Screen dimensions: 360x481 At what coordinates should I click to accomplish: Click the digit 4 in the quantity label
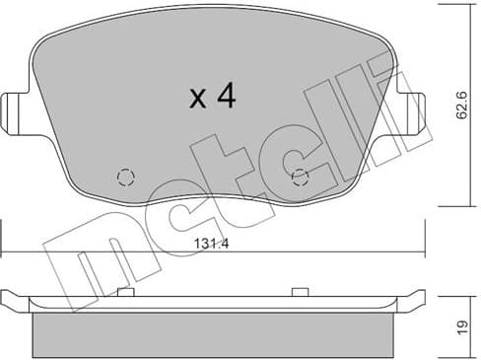(x=225, y=96)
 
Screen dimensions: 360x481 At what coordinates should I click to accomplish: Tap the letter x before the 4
(x=197, y=99)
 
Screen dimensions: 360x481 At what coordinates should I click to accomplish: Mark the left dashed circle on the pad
(x=125, y=177)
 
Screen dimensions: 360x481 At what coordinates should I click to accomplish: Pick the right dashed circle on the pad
(x=300, y=177)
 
